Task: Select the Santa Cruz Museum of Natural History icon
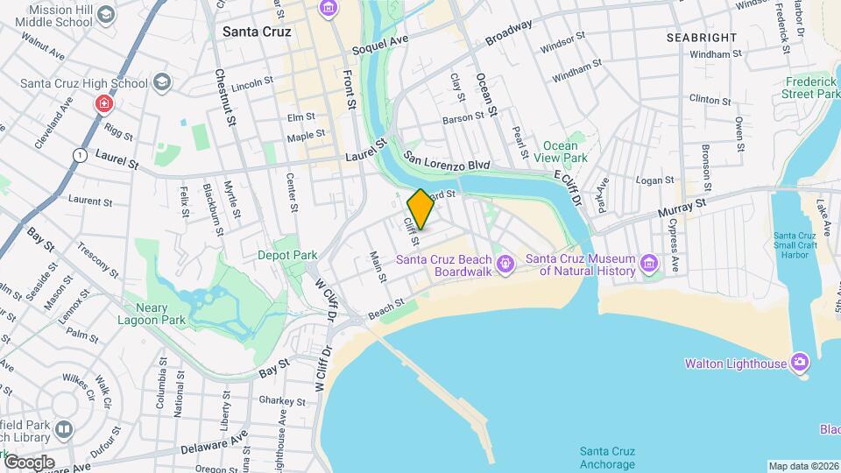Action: point(648,264)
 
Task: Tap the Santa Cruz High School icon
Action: point(160,83)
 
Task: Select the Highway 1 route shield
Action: point(80,154)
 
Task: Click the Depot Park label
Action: point(286,256)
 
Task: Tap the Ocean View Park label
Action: point(560,152)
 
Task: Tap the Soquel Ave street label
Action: point(380,44)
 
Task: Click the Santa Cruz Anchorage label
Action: point(607,457)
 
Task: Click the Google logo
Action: point(29,462)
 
